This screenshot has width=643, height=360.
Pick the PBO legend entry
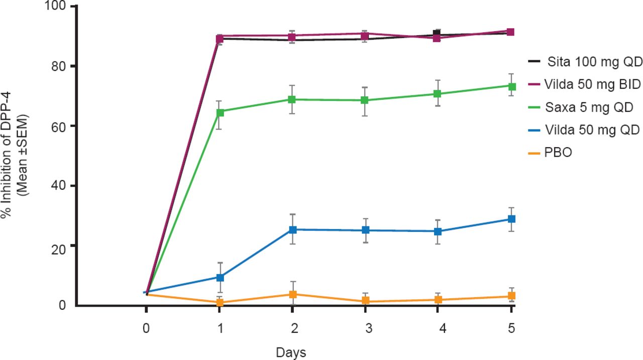tap(558, 153)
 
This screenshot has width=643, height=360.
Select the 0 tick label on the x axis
tap(146, 329)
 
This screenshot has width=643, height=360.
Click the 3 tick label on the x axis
tap(368, 329)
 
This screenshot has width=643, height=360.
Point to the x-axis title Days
tap(291, 352)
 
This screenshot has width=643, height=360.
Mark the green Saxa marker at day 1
tap(220, 112)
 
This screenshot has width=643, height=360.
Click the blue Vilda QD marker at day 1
tap(220, 277)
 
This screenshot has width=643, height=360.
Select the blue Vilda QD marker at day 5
tap(512, 219)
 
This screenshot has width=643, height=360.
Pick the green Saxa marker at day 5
tap(512, 86)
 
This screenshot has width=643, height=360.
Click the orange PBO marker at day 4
tap(438, 300)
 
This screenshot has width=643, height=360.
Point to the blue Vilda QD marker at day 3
tap(366, 230)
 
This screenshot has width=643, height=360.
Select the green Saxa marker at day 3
tap(366, 100)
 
